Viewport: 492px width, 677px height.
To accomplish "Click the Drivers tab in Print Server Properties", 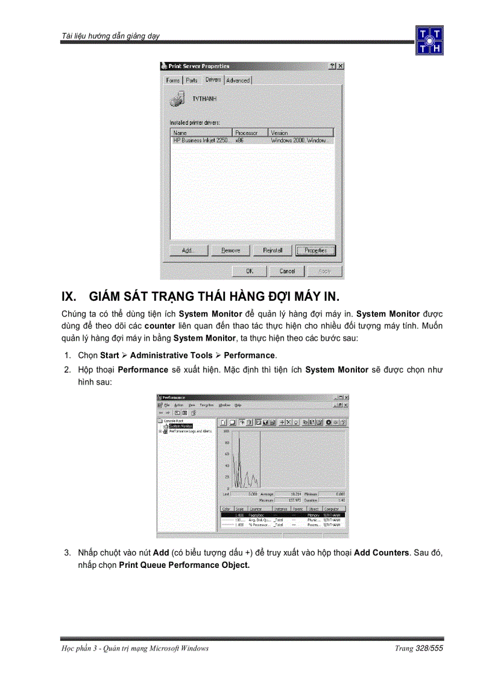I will [x=213, y=80].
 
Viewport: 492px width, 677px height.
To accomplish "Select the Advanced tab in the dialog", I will [x=238, y=80].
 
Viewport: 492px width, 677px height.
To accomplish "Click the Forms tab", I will [x=173, y=80].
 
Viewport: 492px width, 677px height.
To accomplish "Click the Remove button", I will [x=230, y=251].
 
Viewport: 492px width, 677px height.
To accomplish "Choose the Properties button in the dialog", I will [x=315, y=251].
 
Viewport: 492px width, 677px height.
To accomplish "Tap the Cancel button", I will [x=287, y=271].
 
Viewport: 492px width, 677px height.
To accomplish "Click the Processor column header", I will [x=247, y=133].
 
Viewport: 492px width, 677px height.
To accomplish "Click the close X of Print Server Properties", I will [x=340, y=66].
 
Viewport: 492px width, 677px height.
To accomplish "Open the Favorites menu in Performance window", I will [x=207, y=405].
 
